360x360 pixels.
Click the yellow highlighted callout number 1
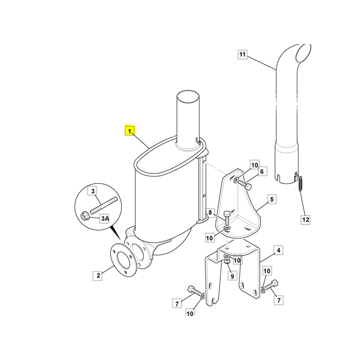point(130,131)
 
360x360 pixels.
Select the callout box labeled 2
point(98,276)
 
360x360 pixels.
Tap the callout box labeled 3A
point(105,218)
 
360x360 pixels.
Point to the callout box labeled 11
point(242,54)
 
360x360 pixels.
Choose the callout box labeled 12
point(306,220)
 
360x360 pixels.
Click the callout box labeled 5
point(272,199)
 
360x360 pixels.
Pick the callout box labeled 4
point(278,250)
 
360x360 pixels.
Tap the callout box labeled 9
point(232,276)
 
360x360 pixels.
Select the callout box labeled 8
point(210,212)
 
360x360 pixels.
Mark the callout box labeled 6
point(262,171)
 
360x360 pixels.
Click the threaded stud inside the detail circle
point(104,205)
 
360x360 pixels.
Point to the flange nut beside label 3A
point(84,216)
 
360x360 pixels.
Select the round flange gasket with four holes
point(124,260)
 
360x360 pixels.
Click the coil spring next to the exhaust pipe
point(300,184)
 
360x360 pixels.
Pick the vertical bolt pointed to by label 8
point(226,217)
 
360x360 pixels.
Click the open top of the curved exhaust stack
point(303,53)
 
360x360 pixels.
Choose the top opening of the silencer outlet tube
point(187,97)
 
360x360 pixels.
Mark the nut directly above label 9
point(227,261)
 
